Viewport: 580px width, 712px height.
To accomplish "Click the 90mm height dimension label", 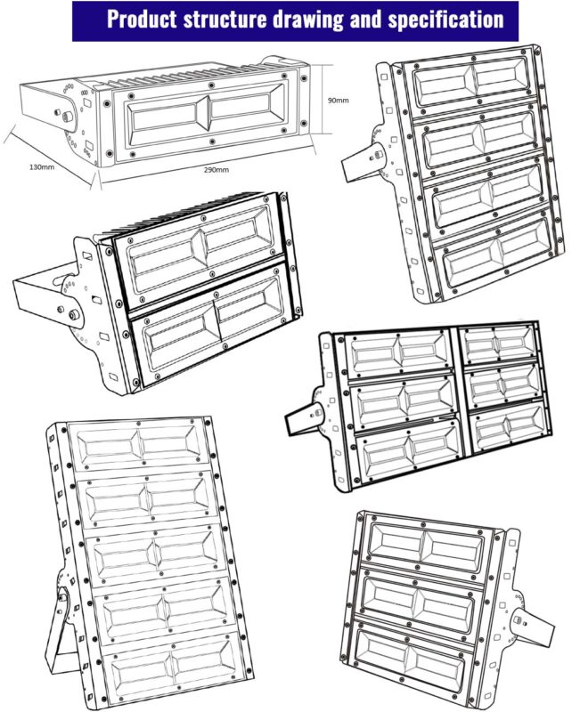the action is coord(339,101).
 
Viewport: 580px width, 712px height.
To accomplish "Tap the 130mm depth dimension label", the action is coord(42,167).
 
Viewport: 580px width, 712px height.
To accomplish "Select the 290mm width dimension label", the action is coord(216,170).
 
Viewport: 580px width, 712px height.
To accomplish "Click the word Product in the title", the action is coord(142,20).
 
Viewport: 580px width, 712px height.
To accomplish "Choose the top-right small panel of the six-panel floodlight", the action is coord(499,344).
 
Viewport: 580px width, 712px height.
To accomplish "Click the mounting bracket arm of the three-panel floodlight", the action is coord(533,626).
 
